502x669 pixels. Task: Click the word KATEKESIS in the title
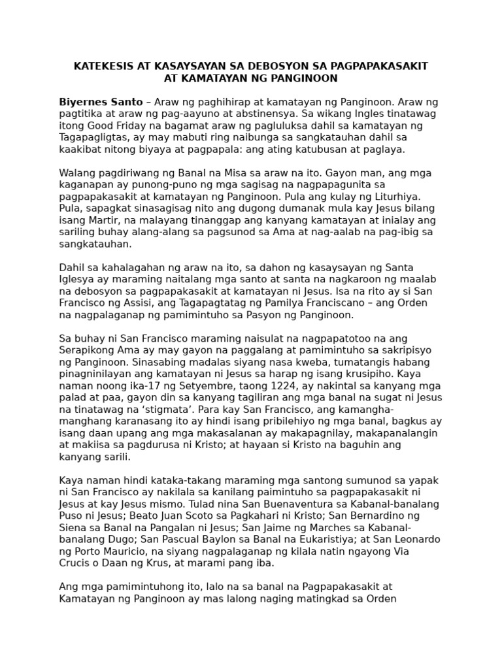click(x=103, y=67)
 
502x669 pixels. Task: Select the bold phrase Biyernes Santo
click(x=101, y=102)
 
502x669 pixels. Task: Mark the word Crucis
click(x=75, y=563)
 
